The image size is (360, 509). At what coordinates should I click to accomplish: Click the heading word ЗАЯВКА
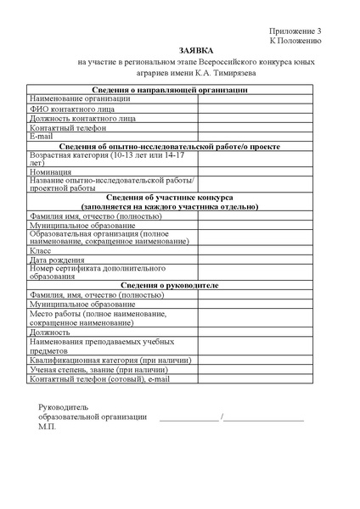pos(180,50)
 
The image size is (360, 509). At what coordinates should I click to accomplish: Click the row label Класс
pos(41,251)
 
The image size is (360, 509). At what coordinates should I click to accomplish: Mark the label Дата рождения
pos(57,260)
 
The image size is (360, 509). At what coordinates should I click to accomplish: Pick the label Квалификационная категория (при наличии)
pos(110,361)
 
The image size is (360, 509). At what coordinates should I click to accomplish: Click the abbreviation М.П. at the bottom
pos(47,427)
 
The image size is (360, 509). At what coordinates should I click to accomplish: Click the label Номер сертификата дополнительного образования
pos(99,273)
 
